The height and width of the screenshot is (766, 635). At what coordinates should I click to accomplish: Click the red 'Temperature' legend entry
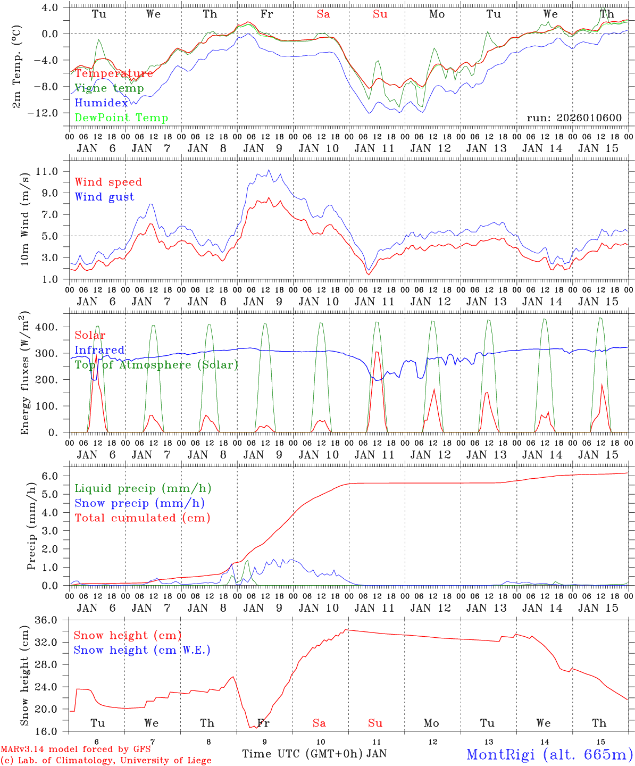pyautogui.click(x=114, y=73)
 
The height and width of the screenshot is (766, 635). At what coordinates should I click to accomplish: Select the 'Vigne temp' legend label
pyautogui.click(x=109, y=88)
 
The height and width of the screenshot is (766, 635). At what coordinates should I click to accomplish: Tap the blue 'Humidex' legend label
pyautogui.click(x=101, y=103)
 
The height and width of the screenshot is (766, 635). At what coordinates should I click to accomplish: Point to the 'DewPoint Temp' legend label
pyautogui.click(x=121, y=118)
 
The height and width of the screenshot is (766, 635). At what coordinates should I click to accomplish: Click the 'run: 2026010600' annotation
pyautogui.click(x=574, y=118)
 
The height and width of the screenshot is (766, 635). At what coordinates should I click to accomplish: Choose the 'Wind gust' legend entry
pyautogui.click(x=104, y=197)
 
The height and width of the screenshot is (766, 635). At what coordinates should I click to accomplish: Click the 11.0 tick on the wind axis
pyautogui.click(x=52, y=171)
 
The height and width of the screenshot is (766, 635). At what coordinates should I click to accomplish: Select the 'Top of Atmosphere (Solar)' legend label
pyautogui.click(x=156, y=365)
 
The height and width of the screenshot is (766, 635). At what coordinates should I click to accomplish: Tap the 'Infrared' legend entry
pyautogui.click(x=99, y=350)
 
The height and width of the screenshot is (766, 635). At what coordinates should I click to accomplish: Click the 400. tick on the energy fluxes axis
pyautogui.click(x=53, y=327)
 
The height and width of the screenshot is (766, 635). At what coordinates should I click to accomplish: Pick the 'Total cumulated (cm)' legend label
pyautogui.click(x=142, y=518)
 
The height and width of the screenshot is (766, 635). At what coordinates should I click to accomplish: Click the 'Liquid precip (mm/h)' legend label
pyautogui.click(x=143, y=488)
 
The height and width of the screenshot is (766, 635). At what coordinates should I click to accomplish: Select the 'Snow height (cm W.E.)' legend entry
pyautogui.click(x=141, y=650)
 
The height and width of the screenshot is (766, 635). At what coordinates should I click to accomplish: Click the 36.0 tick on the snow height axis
pyautogui.click(x=52, y=620)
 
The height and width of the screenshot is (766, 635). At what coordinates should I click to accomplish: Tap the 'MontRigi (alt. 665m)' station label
pyautogui.click(x=549, y=754)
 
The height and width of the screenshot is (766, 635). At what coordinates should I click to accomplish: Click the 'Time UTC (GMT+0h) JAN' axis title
pyautogui.click(x=314, y=754)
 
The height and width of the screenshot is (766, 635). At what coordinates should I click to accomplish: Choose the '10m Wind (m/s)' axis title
pyautogui.click(x=24, y=220)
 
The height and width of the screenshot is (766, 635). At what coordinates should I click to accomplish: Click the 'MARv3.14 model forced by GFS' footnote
pyautogui.click(x=76, y=750)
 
